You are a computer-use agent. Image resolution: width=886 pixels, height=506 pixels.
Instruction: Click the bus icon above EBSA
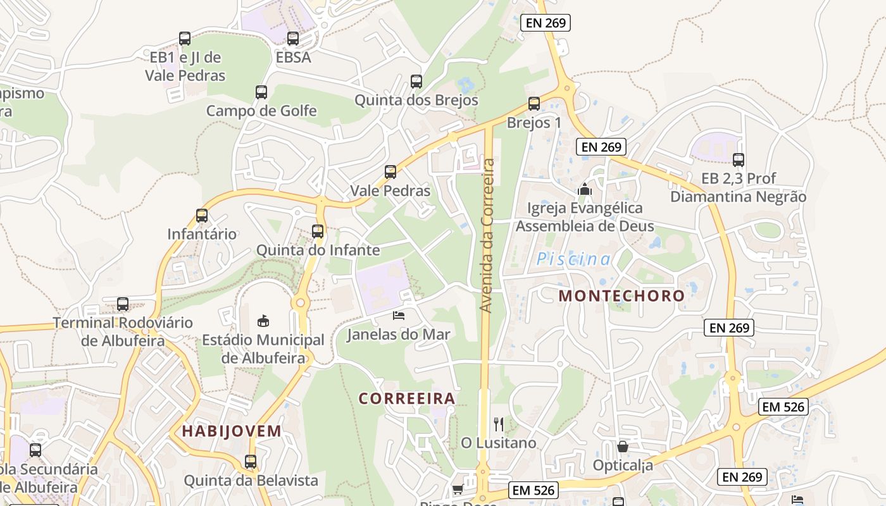coord(292,39)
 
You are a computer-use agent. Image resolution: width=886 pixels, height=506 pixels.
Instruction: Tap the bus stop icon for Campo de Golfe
coord(261,92)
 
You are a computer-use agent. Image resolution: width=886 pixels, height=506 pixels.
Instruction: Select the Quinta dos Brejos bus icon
coord(416,82)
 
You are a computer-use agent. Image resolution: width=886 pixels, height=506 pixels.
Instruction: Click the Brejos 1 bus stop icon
coord(534,104)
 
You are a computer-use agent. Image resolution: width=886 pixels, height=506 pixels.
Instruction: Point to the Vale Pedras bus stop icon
coord(390,172)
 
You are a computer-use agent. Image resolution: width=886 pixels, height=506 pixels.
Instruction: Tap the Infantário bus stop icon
coord(202,216)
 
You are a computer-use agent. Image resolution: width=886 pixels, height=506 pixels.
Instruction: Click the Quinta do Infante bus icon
coord(318,231)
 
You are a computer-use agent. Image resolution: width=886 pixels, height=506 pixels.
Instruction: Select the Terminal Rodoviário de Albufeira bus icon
coord(123,304)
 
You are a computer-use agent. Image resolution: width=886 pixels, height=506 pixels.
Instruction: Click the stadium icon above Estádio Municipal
coord(263,321)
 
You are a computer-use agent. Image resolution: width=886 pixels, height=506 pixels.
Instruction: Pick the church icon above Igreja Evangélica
coord(585,189)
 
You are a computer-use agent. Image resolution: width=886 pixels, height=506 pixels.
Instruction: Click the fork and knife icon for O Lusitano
coord(499,424)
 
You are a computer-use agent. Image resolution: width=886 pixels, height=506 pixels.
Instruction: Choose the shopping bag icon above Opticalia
coord(623,447)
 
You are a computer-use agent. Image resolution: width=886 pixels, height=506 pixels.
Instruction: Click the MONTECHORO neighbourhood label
coord(621,295)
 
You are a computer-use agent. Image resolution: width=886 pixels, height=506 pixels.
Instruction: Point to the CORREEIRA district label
coord(407,398)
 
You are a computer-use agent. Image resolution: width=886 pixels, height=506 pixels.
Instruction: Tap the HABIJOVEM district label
coord(232,431)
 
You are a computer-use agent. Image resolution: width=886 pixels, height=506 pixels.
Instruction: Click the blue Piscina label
coord(574,259)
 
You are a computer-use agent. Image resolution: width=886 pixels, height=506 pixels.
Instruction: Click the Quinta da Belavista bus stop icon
coord(251,462)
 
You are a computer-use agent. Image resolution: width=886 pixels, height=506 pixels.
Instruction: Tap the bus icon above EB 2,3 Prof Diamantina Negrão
coord(738,160)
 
